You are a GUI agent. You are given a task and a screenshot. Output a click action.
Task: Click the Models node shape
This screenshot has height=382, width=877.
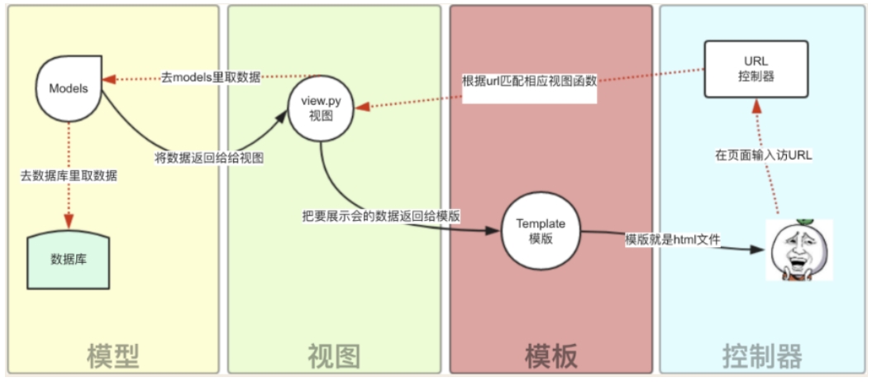click(x=69, y=87)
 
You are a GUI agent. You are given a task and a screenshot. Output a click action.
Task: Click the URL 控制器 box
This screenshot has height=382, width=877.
click(x=755, y=69)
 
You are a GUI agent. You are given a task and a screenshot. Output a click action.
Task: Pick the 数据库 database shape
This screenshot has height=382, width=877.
click(x=69, y=259)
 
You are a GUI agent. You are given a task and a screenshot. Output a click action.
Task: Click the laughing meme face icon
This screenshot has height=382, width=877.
click(x=798, y=250)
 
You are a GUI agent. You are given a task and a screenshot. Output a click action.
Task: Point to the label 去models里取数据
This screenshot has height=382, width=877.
click(x=210, y=78)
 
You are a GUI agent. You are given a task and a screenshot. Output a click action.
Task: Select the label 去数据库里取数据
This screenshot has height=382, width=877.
click(x=69, y=175)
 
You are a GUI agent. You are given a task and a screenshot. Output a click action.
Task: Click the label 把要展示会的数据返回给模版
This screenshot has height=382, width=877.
click(x=381, y=215)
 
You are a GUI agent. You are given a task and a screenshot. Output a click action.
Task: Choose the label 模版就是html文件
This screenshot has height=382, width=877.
click(x=672, y=240)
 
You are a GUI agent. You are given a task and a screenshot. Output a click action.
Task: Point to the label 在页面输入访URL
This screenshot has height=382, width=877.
click(x=763, y=155)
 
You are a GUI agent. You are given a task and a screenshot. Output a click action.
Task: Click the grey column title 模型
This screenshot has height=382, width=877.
click(x=112, y=355)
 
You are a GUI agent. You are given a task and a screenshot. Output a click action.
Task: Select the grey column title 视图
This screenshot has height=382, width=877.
click(x=334, y=355)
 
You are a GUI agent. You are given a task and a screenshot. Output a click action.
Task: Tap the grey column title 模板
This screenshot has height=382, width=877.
click(x=551, y=355)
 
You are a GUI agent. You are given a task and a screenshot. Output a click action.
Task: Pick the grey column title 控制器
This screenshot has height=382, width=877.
click(x=762, y=355)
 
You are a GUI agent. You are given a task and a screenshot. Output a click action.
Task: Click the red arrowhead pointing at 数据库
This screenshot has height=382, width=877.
click(x=69, y=222)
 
